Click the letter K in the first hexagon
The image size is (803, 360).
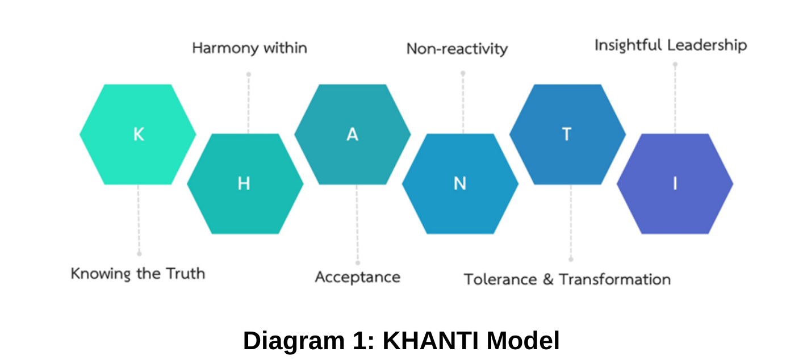139,135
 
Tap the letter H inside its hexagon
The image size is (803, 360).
244,183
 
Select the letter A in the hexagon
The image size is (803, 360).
353,135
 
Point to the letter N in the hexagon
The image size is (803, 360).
460,183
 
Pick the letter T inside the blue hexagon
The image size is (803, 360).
567,135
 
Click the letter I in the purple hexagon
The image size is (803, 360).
675,183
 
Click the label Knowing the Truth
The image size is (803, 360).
138,274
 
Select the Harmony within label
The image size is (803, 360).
249,48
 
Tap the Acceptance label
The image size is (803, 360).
358,277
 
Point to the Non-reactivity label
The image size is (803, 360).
457,49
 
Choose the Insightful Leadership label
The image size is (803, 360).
671,45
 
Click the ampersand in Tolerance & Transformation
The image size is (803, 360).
548,279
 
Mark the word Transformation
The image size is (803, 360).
614,279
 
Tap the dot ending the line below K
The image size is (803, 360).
139,254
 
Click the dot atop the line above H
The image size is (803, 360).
248,74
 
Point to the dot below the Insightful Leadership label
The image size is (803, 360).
675,65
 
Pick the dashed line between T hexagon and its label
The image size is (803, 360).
571,221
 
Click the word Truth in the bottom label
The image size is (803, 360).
185,274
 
